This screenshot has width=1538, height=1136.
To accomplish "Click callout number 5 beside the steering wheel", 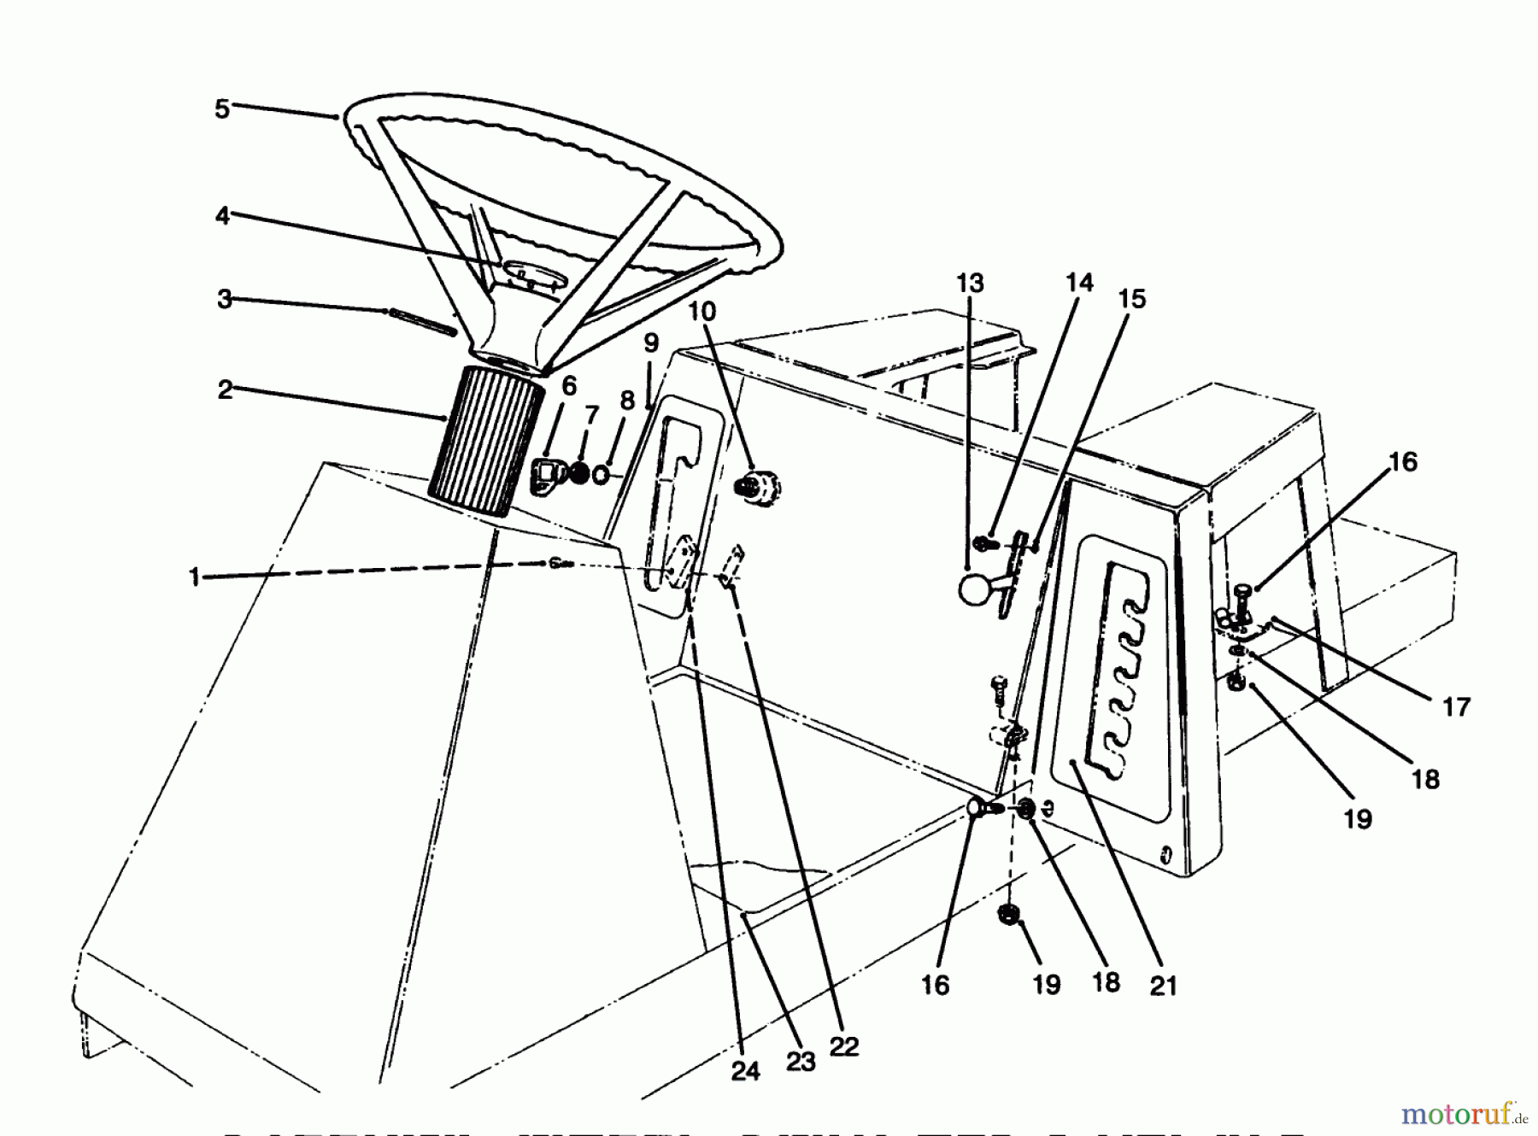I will [x=222, y=109].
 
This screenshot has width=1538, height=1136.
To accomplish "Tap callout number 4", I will [x=222, y=216].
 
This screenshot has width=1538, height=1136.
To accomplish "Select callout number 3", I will [x=224, y=299].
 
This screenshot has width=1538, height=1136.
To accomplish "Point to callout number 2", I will [x=225, y=390].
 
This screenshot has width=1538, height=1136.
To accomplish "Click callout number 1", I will [x=195, y=578].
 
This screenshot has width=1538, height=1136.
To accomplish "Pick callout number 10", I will [x=701, y=311].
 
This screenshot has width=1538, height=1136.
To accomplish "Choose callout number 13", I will [x=970, y=283].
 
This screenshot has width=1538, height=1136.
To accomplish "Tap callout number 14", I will [x=1079, y=283].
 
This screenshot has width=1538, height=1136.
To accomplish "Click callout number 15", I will [x=1131, y=299].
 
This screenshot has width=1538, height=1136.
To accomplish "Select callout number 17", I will [x=1456, y=706].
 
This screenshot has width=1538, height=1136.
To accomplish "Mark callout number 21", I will [x=1163, y=986].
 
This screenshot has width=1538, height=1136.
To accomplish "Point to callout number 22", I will [x=843, y=1046].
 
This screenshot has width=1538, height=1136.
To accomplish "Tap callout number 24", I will [x=745, y=1071].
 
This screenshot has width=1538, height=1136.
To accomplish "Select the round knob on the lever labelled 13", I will [x=974, y=590].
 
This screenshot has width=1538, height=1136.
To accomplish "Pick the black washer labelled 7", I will [x=579, y=472].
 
